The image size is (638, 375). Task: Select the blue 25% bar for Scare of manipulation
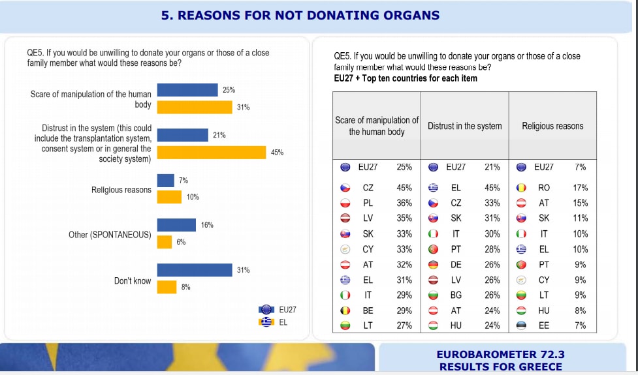pos(187,90)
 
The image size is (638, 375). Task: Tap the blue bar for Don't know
pos(195,270)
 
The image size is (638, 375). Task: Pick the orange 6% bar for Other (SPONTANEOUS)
pos(165,242)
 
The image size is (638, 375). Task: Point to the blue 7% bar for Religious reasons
pos(166,181)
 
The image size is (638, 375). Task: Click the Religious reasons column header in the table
pos(552,126)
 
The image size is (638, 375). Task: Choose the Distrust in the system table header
pos(464,126)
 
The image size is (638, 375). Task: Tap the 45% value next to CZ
pos(404,188)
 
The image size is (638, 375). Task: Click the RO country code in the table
pos(544,188)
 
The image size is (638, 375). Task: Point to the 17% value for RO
pos(580,188)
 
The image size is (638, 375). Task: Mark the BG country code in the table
pos(456,295)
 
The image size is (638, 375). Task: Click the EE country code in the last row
pos(544,325)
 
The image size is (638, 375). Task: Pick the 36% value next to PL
pos(404,203)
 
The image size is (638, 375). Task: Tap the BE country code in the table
pos(368,310)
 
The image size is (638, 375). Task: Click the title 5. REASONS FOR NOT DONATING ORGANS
pos(300,16)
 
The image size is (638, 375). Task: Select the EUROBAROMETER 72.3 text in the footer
pos(500,355)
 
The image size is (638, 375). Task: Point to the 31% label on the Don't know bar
pos(243,270)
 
